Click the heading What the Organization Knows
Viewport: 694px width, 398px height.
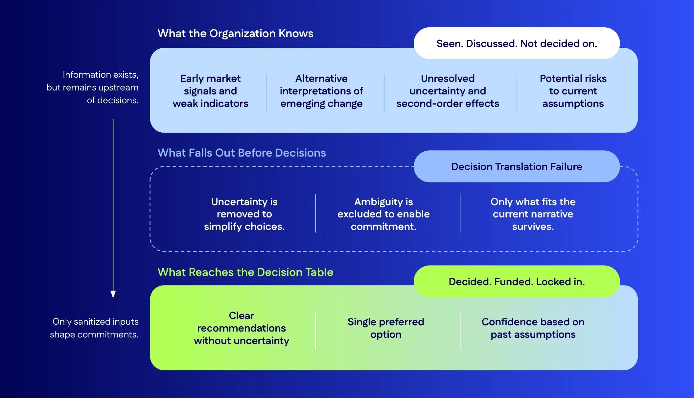[235, 34]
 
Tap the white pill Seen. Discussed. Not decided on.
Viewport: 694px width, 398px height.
[517, 43]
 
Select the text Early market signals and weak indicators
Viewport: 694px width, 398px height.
[210, 91]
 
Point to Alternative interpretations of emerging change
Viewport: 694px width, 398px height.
[321, 91]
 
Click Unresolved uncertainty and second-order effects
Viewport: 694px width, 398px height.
[448, 91]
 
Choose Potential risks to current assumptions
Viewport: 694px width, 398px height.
[573, 91]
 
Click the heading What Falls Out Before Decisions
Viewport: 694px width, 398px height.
[242, 153]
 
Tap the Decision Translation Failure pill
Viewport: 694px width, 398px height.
[517, 167]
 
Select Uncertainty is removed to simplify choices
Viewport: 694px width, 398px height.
[244, 214]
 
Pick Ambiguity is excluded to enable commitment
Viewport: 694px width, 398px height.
[383, 214]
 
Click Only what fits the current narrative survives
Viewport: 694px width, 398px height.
[533, 214]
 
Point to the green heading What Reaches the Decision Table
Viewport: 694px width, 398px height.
[245, 272]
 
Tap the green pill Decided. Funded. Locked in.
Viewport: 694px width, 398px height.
[517, 282]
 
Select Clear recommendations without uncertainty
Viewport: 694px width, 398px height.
[242, 328]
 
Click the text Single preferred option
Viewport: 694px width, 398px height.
[386, 328]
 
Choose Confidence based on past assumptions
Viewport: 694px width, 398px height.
[533, 328]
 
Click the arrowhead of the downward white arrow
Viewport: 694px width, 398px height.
[113, 294]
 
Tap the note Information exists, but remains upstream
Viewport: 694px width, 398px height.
[93, 87]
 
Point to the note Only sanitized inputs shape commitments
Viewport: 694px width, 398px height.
[94, 328]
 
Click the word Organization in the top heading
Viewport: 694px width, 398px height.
[243, 34]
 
